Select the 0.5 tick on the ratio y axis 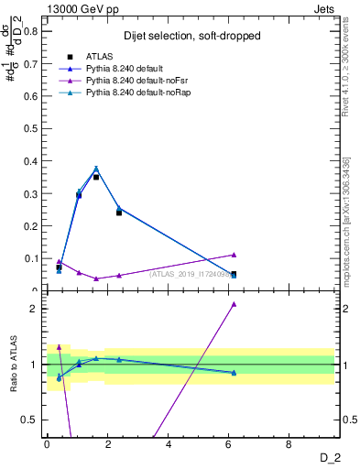click(30, 420)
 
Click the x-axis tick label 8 click(289, 444)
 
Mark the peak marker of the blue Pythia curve click(96, 169)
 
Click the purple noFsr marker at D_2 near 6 click(234, 255)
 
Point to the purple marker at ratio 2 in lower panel click(234, 303)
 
